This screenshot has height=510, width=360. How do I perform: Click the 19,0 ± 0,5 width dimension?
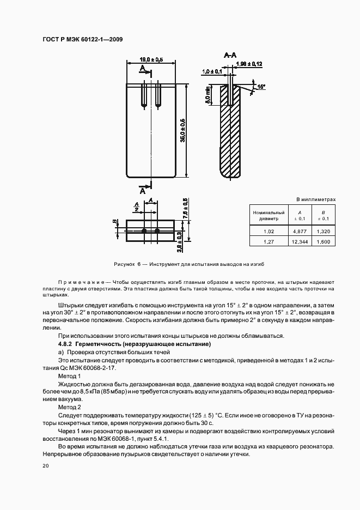click(x=151, y=59)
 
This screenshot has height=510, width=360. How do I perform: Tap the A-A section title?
click(x=230, y=55)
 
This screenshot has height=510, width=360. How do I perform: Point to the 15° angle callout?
click(x=261, y=86)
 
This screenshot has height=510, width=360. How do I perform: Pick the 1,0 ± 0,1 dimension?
click(x=211, y=71)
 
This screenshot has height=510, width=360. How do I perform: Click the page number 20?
click(x=45, y=466)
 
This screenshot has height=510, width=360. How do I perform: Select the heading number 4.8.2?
click(x=65, y=345)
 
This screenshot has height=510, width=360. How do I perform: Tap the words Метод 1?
click(x=69, y=377)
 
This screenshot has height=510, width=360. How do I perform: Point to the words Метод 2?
click(x=69, y=407)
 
